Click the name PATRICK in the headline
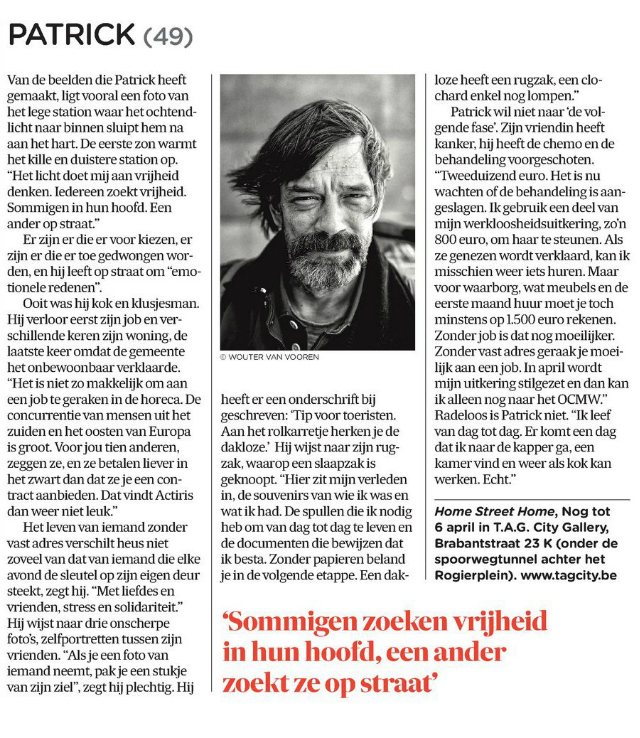[72, 36]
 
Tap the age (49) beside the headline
[168, 37]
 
